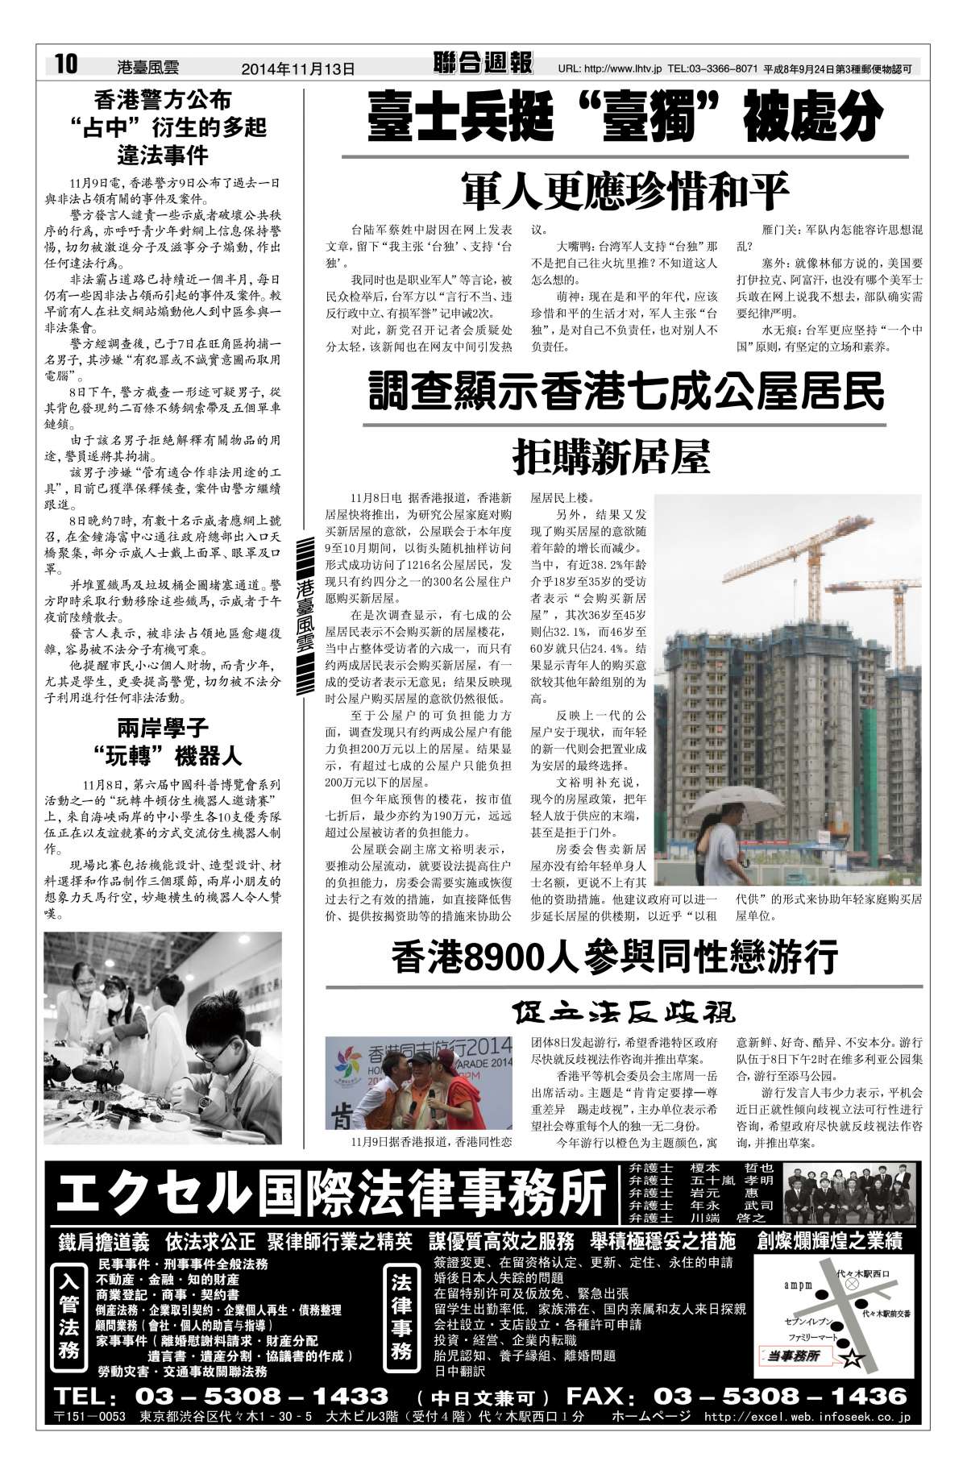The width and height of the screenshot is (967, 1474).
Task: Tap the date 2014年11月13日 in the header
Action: point(298,69)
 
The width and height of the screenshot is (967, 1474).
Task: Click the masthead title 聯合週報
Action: point(482,64)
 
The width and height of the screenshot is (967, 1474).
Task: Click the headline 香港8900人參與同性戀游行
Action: point(615,957)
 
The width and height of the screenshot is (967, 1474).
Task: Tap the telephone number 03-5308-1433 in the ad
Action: point(262,1395)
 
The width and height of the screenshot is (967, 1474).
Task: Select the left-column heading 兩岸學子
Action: point(163,729)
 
